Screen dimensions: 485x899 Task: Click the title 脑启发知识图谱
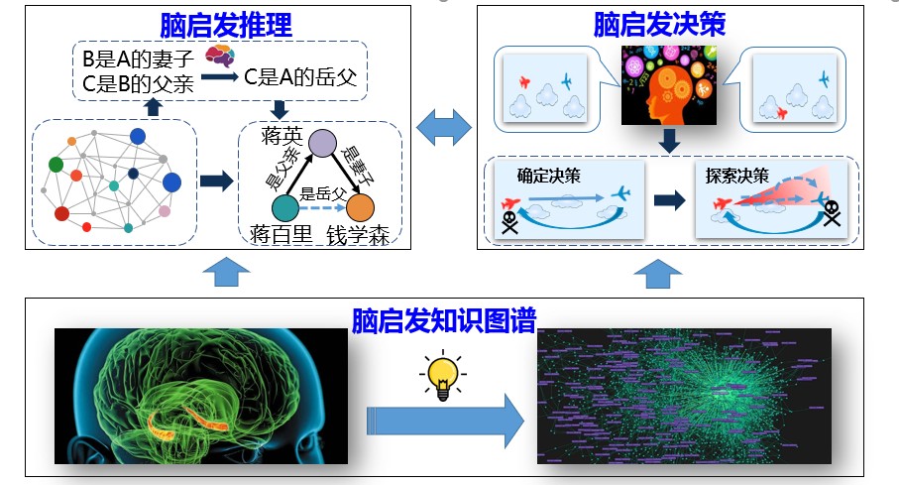pyautogui.click(x=444, y=319)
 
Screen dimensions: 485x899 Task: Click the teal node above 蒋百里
pyautogui.click(x=284, y=208)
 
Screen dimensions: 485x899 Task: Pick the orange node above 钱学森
pyautogui.click(x=359, y=208)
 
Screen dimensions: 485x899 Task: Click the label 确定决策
pyautogui.click(x=549, y=177)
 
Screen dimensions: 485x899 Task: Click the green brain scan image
pyautogui.click(x=201, y=396)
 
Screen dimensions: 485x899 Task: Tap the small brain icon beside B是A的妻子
pyautogui.click(x=219, y=56)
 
